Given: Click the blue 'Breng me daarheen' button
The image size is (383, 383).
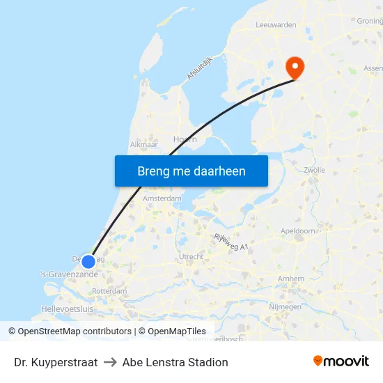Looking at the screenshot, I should pos(191,171).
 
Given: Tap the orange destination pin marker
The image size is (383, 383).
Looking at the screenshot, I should pos(295,67).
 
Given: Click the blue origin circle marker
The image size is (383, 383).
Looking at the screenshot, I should pos(88,262).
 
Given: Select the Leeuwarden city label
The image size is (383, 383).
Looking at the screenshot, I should pos(276,24).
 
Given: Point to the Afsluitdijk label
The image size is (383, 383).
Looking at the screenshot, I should pos(198,67).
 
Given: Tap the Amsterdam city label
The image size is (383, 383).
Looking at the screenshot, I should pos(162,198).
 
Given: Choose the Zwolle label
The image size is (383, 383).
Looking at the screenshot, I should pos(315,170).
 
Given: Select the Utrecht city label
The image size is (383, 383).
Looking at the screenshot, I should pos(191,257).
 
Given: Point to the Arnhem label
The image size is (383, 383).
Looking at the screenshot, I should pos(290,279).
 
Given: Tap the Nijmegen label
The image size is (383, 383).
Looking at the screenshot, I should pos(285,306).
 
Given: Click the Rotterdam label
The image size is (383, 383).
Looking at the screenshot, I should pos(109,291).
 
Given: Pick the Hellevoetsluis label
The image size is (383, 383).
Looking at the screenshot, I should pos(67,308).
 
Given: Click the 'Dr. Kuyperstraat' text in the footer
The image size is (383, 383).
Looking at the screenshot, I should pos(56,362).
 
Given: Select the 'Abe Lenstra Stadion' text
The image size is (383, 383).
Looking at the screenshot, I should pos(175,362).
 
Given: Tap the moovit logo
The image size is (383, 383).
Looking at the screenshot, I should pos(341,361).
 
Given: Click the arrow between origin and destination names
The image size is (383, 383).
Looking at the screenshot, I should pos(110,362).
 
